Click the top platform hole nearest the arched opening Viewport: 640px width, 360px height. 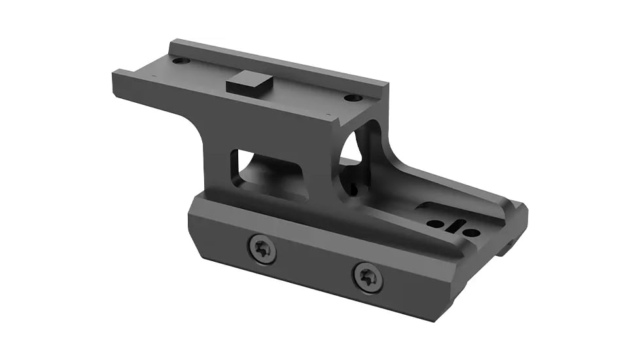click(353, 98)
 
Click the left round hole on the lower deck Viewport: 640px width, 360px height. click(434, 223)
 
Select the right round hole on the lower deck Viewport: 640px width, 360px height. click(470, 232)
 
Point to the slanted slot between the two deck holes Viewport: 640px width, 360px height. click(452, 226)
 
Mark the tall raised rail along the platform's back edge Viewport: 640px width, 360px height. click(275, 63)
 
